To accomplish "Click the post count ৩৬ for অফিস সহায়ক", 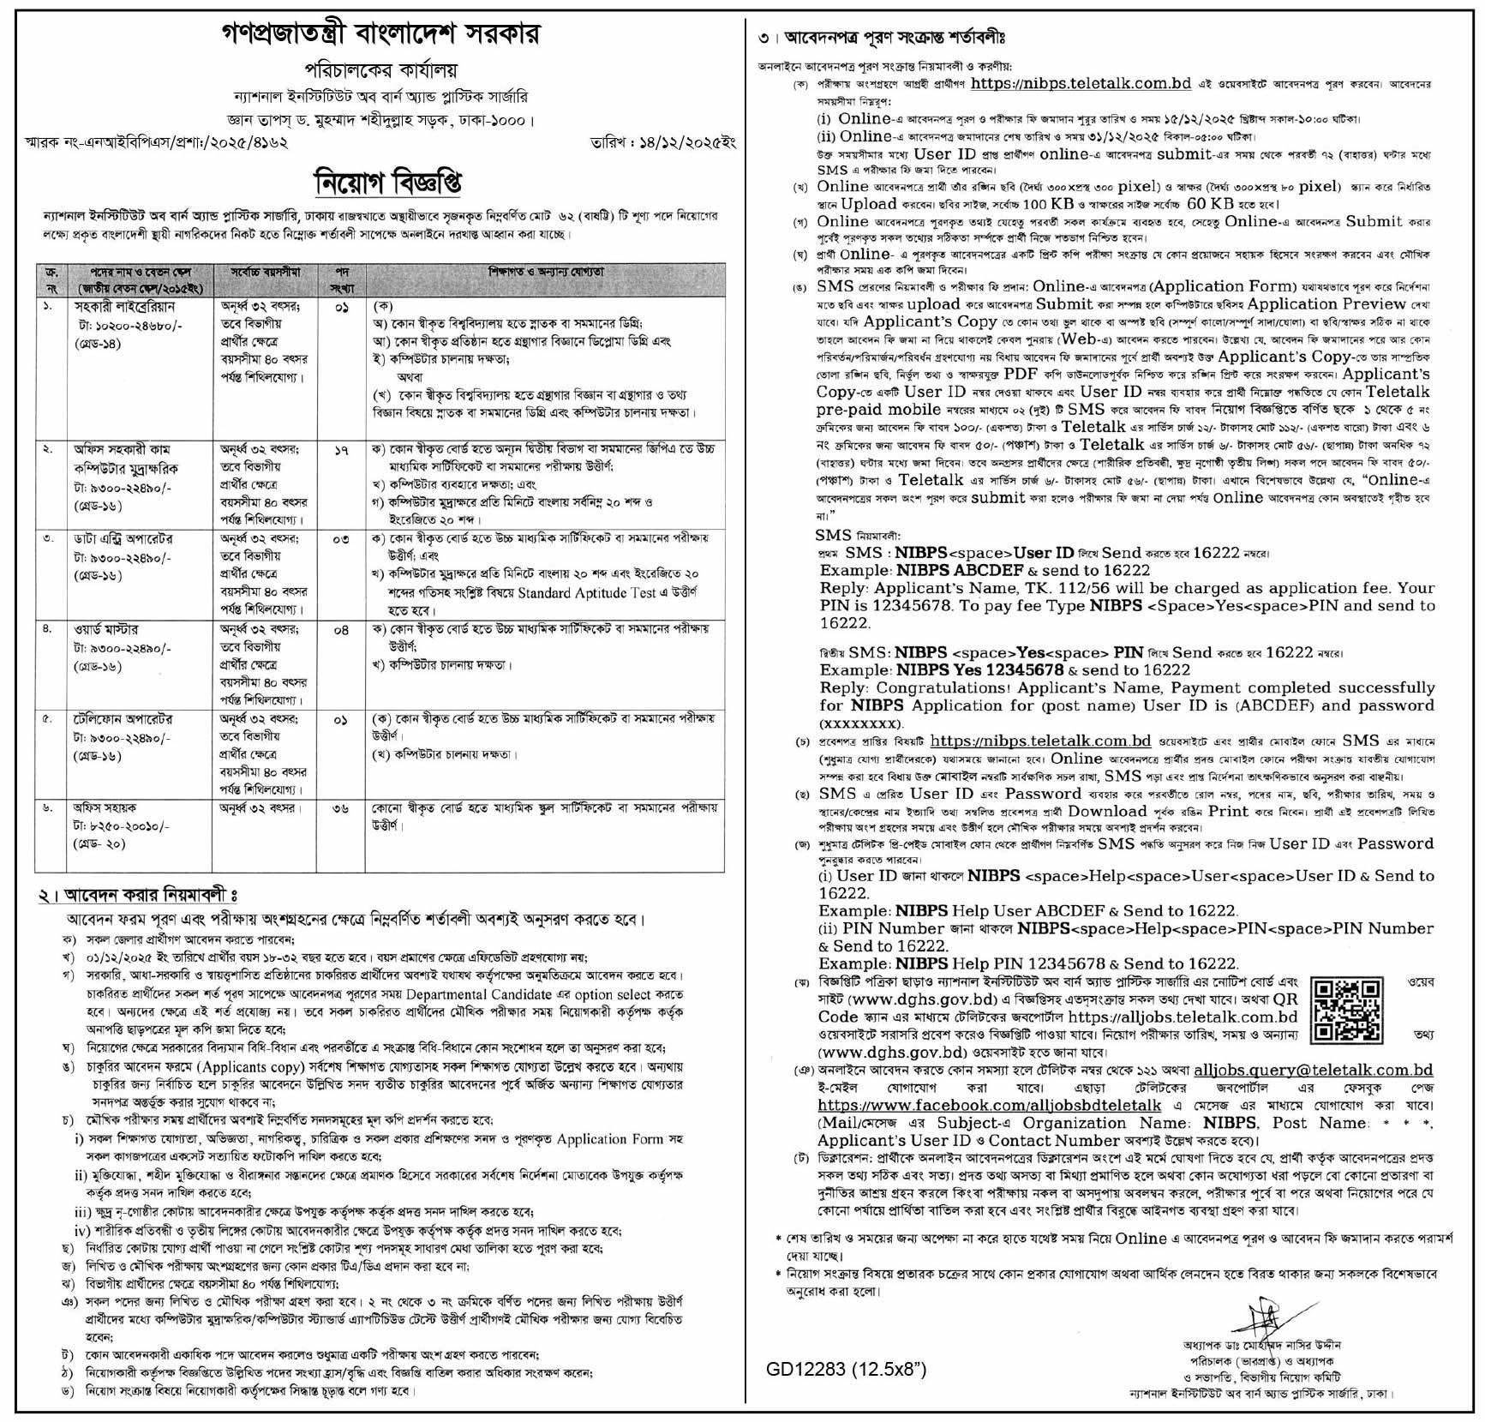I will coord(340,808).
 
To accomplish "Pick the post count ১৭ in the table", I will coord(340,448).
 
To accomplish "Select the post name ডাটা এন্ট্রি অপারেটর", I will coord(123,539).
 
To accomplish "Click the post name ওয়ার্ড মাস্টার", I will coord(106,629).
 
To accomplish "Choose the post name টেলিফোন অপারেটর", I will coord(123,719).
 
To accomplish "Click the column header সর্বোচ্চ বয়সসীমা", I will coord(265,273).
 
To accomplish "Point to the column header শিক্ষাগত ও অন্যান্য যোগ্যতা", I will coord(546,273).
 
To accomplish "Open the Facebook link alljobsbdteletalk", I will coord(989,1105).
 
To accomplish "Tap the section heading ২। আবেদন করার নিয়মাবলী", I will coord(136,895).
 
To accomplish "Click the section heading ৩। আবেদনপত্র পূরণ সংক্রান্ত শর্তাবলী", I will coord(882,38).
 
